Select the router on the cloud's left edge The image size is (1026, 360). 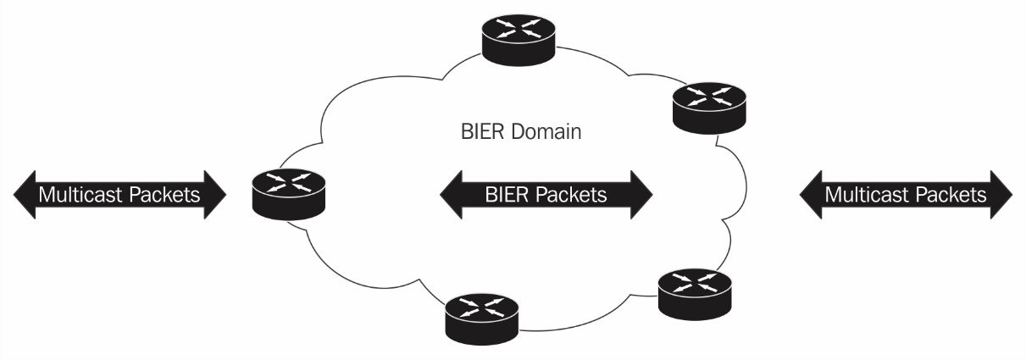point(288,195)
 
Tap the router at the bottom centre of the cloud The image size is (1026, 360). point(483,316)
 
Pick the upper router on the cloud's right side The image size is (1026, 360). point(708,106)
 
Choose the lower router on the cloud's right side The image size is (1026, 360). point(695,293)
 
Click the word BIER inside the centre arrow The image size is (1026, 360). point(506,195)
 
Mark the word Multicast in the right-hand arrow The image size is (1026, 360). point(863,195)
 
